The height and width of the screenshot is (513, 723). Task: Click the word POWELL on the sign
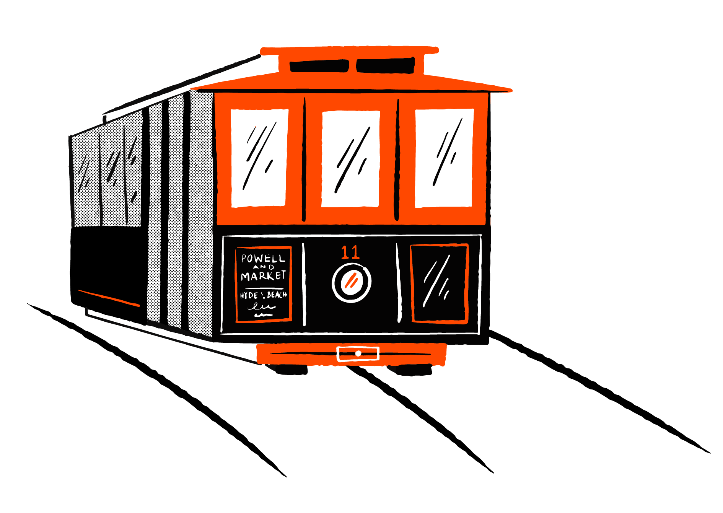263,259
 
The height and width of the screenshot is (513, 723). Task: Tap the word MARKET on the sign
263,276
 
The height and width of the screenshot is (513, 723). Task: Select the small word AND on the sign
264,267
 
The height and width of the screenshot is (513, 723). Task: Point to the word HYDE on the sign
249,295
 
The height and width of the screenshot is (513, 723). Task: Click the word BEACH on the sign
277,295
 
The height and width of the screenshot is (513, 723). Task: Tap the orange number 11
350,252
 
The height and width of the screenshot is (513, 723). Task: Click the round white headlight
351,283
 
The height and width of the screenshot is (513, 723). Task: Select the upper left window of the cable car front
259,158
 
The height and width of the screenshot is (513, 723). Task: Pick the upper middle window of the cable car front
350,159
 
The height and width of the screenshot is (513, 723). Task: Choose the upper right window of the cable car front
444,158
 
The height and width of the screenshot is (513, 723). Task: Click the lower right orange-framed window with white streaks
439,283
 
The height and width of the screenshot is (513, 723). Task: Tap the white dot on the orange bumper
358,353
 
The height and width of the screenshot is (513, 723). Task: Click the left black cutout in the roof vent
319,66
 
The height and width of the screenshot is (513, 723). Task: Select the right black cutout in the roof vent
385,65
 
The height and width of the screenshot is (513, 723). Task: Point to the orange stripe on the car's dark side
109,298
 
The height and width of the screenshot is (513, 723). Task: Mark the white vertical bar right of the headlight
399,283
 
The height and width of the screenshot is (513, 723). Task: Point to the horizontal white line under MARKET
264,288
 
